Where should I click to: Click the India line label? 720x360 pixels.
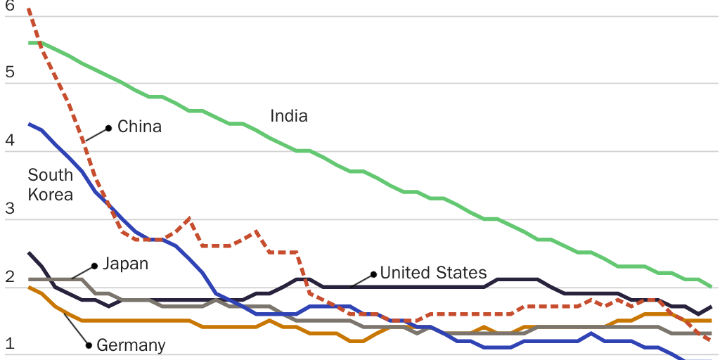[289, 116]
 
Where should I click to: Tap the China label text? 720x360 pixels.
[139, 127]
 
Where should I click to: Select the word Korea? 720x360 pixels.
[51, 195]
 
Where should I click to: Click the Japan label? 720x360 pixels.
[125, 264]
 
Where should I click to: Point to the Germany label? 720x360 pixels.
[131, 345]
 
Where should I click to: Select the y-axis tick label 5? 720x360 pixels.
[10, 72]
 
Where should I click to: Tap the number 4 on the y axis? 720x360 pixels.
[10, 141]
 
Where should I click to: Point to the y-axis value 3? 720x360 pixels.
[10, 209]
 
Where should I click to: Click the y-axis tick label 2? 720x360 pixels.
[10, 276]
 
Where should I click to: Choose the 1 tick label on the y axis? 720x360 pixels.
[10, 344]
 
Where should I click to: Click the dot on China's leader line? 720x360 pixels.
[109, 128]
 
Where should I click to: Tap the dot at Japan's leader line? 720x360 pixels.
[94, 266]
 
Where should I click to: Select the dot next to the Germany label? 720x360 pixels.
[89, 345]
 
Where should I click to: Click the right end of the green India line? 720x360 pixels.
[712, 286]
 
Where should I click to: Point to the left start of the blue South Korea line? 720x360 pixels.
[29, 124]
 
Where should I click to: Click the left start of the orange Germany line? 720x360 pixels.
[29, 287]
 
